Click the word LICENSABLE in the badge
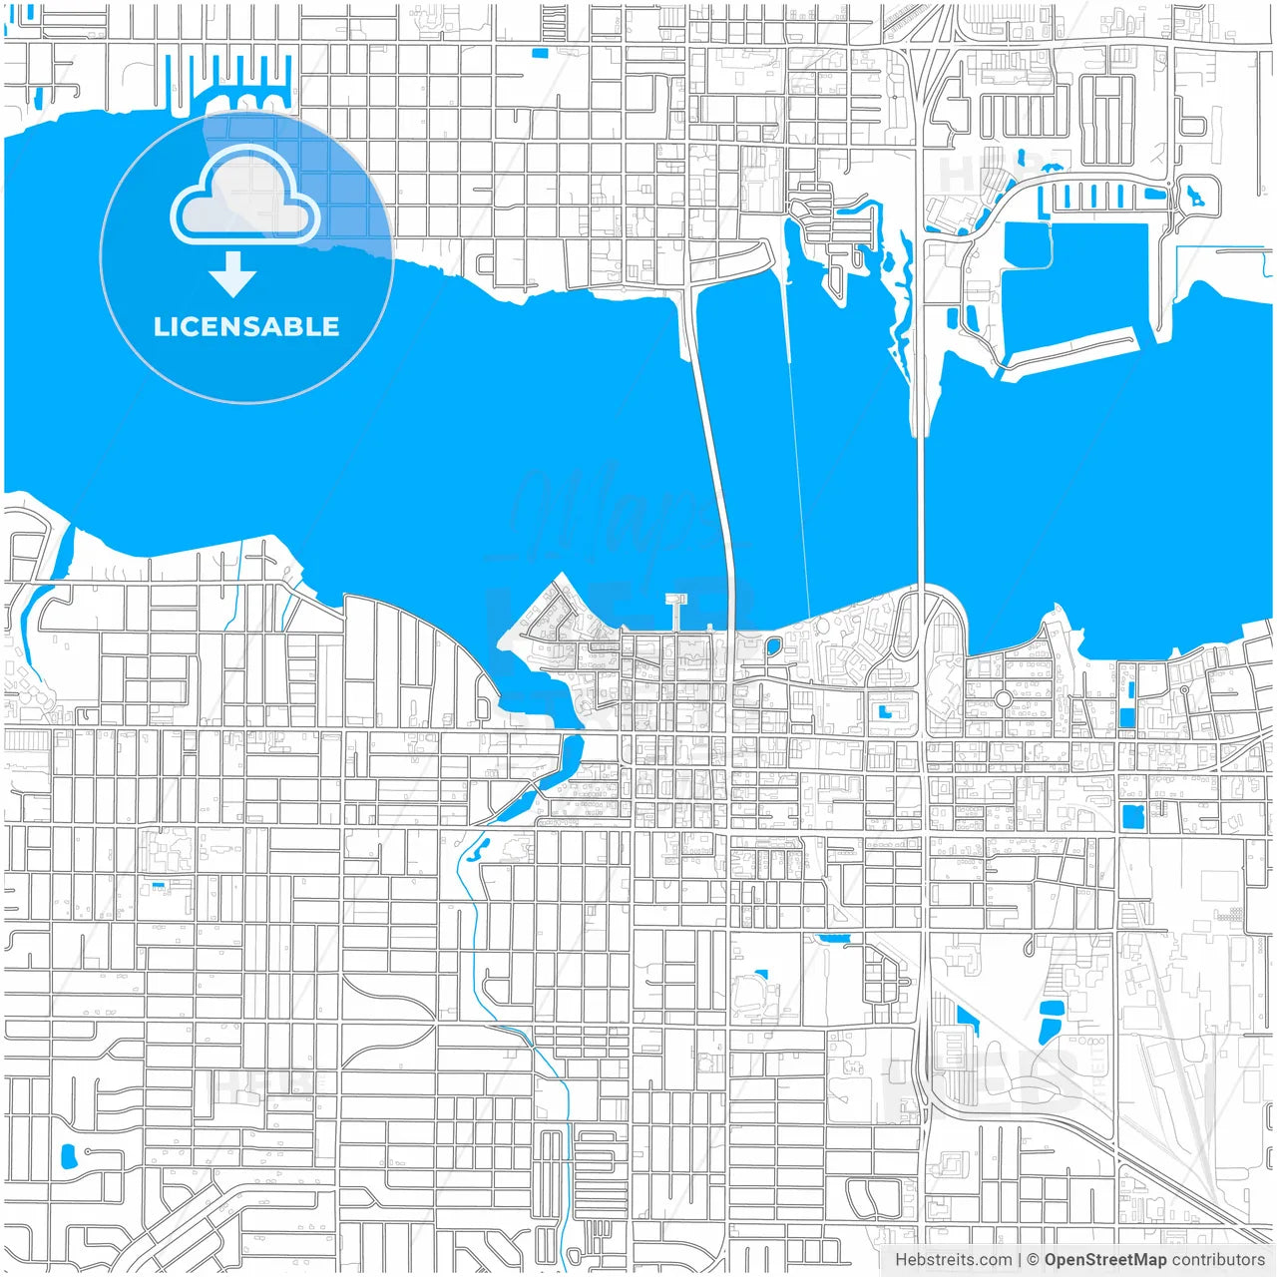click(245, 326)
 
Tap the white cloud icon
click(244, 197)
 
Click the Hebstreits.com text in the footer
click(953, 1260)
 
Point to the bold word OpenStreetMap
click(1104, 1260)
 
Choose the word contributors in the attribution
click(1217, 1260)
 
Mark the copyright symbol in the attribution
click(1033, 1260)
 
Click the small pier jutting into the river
click(677, 611)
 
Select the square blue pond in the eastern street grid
click(1131, 817)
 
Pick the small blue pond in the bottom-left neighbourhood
click(69, 1156)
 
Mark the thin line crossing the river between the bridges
click(798, 449)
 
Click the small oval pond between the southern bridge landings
click(773, 645)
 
